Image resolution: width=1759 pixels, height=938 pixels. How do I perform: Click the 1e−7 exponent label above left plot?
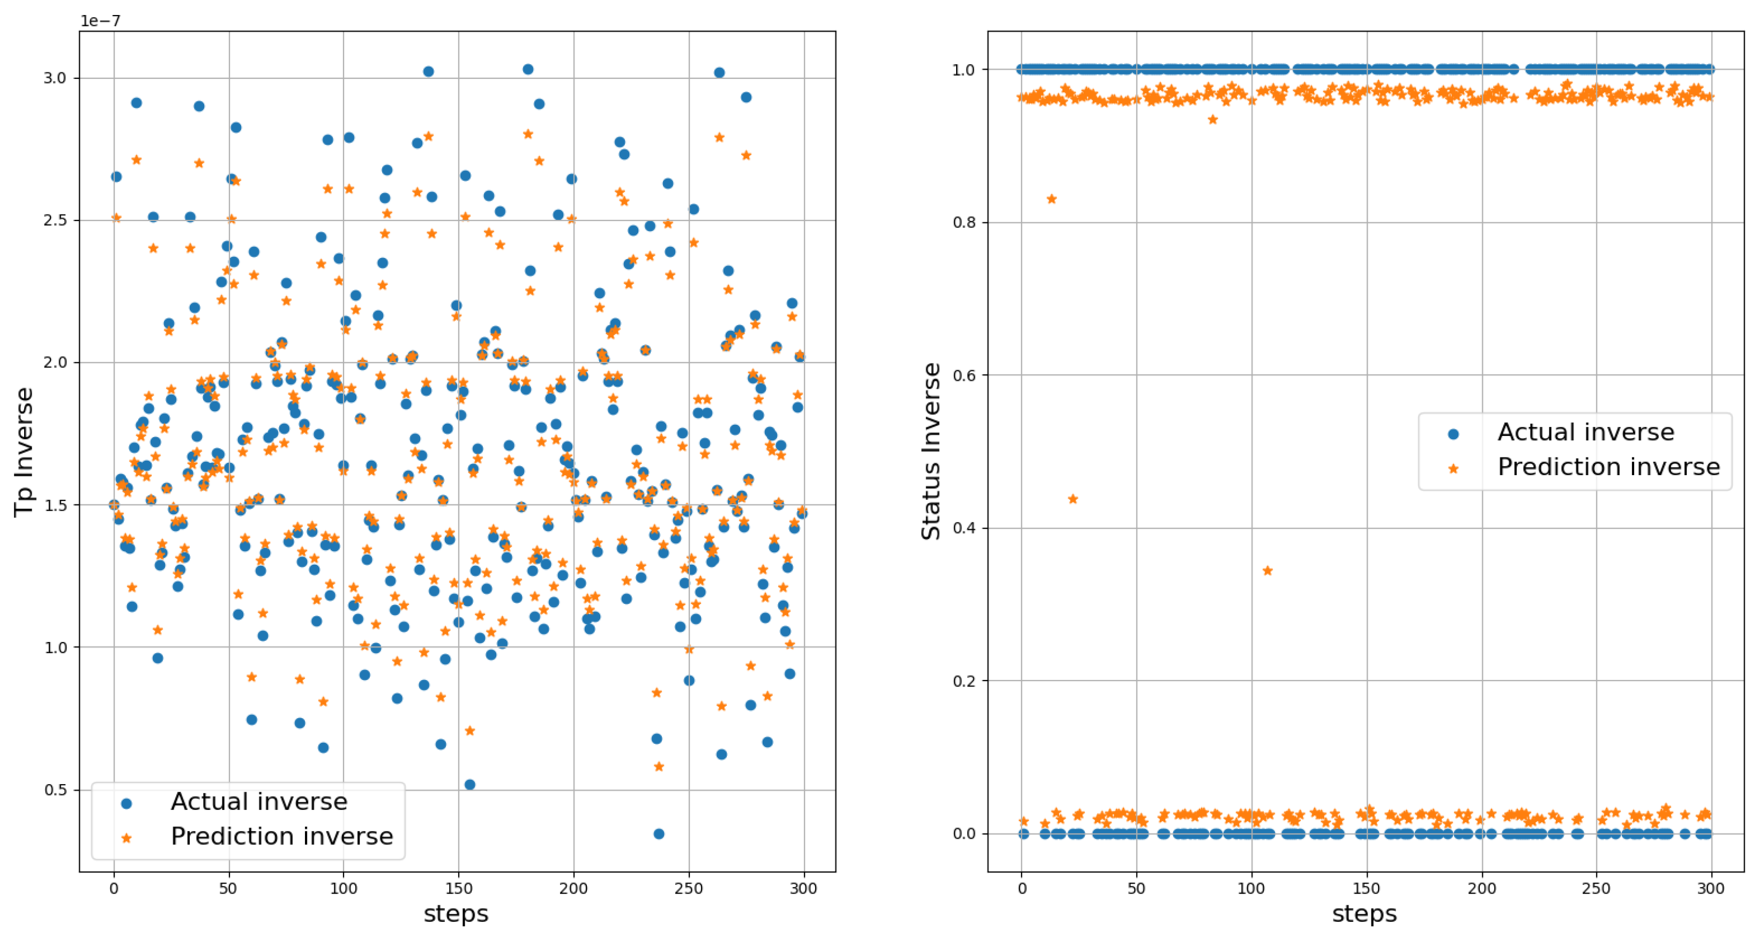(100, 20)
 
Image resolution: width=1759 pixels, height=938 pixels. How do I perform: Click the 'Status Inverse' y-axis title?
(931, 452)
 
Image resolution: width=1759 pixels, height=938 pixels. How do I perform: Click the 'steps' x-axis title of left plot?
(456, 913)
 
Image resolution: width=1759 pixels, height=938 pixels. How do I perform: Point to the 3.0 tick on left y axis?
(55, 78)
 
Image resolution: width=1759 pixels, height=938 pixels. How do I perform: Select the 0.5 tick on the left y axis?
(55, 790)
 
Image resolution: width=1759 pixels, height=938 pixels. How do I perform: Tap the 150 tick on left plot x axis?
(458, 888)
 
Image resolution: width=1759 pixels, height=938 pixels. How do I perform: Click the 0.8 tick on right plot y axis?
(964, 223)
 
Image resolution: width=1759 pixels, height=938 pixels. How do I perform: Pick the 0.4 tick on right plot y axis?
(964, 528)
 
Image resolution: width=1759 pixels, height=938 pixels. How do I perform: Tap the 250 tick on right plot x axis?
(1596, 888)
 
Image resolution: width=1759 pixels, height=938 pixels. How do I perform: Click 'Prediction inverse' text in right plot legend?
(1608, 467)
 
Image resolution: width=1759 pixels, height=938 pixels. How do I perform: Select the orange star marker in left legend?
(126, 838)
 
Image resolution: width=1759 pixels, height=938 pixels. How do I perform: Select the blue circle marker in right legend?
(1453, 434)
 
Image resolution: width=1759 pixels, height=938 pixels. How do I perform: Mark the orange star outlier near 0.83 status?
(1052, 199)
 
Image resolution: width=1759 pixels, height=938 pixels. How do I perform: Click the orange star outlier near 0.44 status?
(1073, 499)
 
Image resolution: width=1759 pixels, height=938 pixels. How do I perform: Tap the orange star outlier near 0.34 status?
(1268, 571)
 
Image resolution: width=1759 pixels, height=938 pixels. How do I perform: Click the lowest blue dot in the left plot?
(659, 833)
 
